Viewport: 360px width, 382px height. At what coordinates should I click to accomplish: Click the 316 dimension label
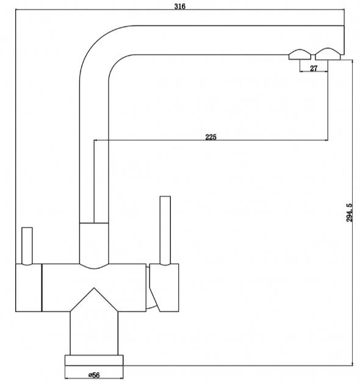click(x=180, y=6)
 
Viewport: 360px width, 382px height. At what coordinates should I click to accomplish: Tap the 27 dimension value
click(x=314, y=68)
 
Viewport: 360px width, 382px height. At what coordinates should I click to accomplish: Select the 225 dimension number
click(x=211, y=137)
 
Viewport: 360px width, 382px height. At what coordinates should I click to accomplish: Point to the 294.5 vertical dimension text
click(x=349, y=212)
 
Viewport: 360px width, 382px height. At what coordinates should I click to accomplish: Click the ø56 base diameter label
click(x=94, y=375)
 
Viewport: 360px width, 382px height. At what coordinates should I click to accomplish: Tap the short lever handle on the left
click(x=27, y=246)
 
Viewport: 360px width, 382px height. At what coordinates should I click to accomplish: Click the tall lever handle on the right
click(x=165, y=230)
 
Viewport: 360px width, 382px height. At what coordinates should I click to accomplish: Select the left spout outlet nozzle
click(x=300, y=55)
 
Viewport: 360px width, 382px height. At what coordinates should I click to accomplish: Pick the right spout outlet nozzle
click(x=328, y=54)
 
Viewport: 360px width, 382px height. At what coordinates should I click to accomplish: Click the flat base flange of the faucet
click(x=94, y=360)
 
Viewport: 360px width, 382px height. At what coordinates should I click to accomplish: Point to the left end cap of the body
click(x=29, y=287)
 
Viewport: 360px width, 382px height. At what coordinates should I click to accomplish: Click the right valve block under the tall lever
click(x=164, y=287)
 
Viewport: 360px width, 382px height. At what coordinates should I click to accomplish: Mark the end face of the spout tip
click(x=344, y=40)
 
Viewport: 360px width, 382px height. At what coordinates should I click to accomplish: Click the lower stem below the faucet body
click(x=94, y=333)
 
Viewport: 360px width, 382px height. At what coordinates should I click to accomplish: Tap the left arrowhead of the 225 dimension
click(x=96, y=140)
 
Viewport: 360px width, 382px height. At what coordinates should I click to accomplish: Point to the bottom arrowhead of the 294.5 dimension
click(x=353, y=364)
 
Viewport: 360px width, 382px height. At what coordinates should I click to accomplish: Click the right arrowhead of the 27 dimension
click(x=326, y=71)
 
